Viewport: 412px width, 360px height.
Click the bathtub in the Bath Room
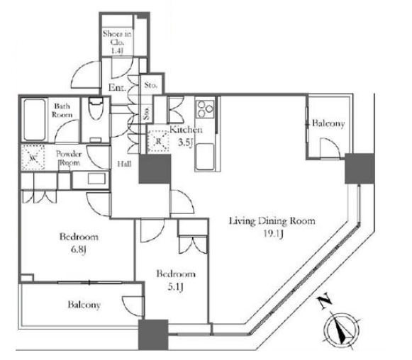(34, 120)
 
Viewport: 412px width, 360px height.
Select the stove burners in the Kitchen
(205, 108)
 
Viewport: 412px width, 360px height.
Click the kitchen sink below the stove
(205, 157)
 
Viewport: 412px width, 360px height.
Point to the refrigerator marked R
(158, 142)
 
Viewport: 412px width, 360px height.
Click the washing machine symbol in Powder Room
(33, 157)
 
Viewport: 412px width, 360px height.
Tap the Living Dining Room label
(272, 221)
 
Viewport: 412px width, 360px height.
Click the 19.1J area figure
(273, 235)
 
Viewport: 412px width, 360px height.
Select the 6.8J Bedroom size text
(79, 249)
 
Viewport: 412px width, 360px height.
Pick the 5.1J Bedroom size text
(176, 287)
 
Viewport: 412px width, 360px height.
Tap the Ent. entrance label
(117, 87)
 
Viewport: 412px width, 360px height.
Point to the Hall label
(124, 164)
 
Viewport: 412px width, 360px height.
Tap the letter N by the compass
(324, 303)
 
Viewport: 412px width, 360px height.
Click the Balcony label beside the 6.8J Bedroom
(84, 305)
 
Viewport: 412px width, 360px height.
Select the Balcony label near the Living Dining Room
(328, 123)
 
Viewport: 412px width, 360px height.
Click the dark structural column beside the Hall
(155, 169)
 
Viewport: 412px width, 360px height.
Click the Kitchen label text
(186, 130)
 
